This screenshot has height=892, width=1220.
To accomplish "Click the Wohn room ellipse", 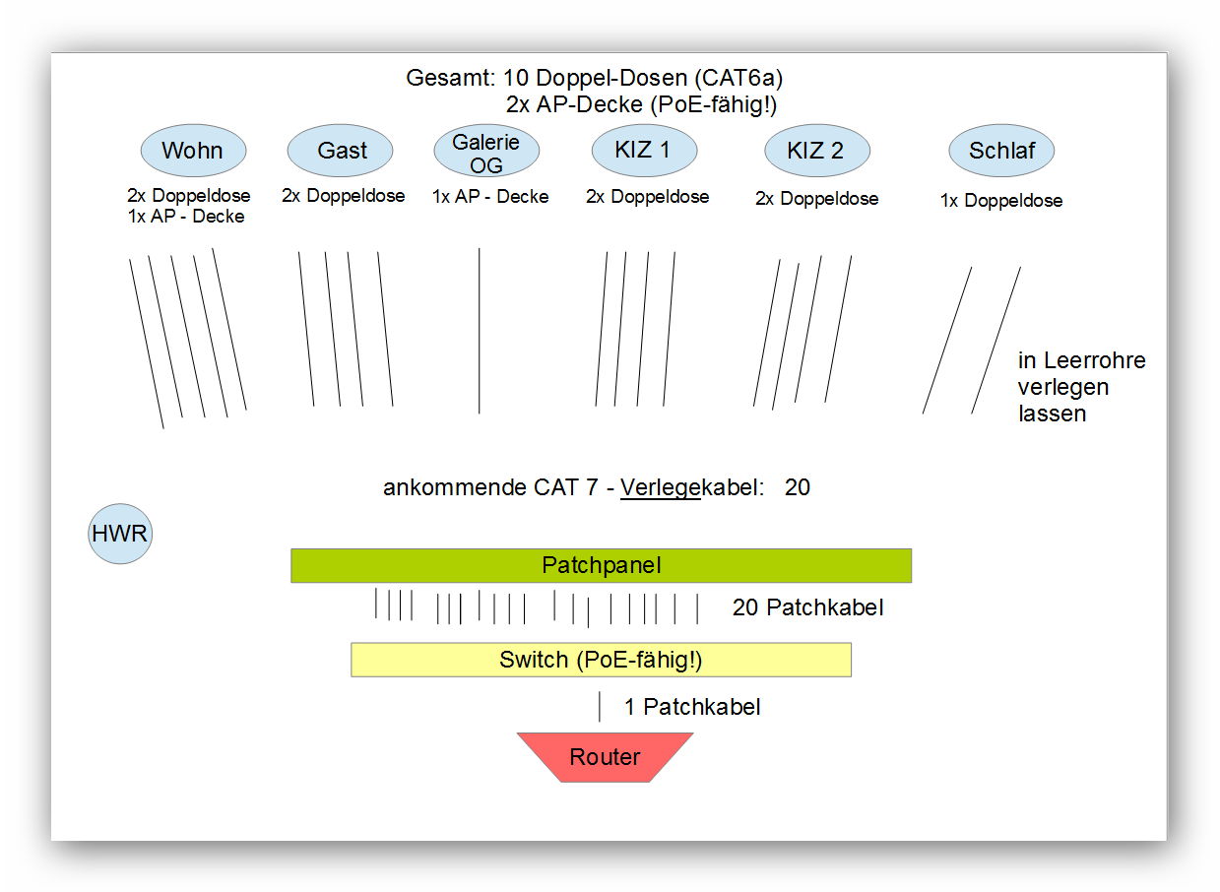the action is (x=193, y=151).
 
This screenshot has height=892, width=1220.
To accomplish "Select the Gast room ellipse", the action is (x=340, y=151).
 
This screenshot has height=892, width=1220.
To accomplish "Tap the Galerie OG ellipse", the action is (x=486, y=151).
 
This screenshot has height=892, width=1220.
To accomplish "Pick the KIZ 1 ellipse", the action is (x=644, y=151).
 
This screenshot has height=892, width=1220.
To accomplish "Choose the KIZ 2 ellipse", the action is (x=817, y=151).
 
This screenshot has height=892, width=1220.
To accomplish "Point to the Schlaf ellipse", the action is (x=1001, y=151).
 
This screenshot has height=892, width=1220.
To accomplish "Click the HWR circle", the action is (x=120, y=534).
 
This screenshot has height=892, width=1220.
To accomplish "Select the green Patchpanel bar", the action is (x=601, y=566).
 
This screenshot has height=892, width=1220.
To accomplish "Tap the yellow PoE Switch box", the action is (x=601, y=660).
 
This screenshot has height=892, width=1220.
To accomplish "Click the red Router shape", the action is (x=605, y=757).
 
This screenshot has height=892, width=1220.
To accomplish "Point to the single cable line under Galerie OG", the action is (x=480, y=331).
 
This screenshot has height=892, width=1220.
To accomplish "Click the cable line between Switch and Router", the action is (x=600, y=706).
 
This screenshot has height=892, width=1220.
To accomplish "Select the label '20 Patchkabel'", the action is (x=807, y=607).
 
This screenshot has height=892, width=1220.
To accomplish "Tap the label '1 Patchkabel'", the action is (x=692, y=707).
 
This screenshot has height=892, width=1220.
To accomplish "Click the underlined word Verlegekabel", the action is (x=689, y=487).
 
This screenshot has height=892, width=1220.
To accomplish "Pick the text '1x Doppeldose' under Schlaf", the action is (x=1001, y=201).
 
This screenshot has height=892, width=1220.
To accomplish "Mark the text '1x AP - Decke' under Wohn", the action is (x=186, y=217).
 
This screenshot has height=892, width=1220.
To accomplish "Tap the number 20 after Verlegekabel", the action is (x=798, y=487).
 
